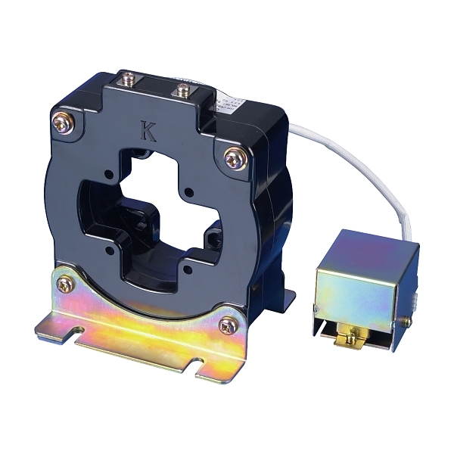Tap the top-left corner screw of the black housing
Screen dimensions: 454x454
click(61, 119)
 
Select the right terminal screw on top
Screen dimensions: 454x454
click(182, 90)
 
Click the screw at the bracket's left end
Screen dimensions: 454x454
click(66, 285)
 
